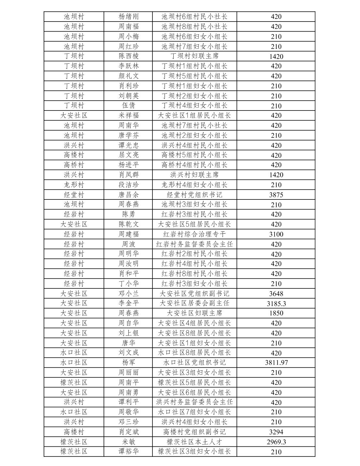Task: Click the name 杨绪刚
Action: coord(128,17)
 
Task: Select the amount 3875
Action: coord(276,195)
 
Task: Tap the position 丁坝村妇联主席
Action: coord(194,56)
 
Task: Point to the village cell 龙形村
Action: coord(74,185)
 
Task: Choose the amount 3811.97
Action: coord(276,363)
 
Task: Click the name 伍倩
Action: coord(128,106)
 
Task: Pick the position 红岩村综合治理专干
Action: coord(194,234)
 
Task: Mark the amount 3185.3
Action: coord(276,303)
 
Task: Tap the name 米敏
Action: coord(128,442)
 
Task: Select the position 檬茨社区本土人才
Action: coord(194,442)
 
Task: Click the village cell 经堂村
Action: coord(74,195)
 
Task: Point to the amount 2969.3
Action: coord(276,442)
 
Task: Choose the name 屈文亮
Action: coord(128,155)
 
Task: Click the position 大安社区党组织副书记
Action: coord(194,294)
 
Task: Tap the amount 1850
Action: coord(276,313)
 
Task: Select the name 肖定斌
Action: coord(128,432)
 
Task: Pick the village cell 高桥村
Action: coord(74,165)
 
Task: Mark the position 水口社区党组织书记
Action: coord(194,363)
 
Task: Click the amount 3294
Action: coord(276,432)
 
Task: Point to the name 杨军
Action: coord(128,363)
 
